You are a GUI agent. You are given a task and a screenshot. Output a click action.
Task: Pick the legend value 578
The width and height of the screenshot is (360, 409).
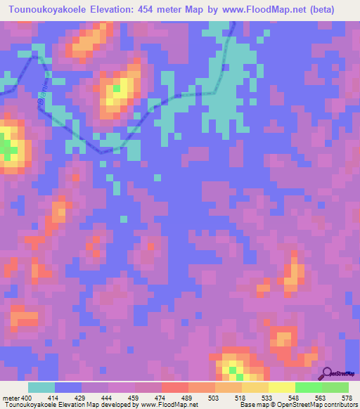[347, 398]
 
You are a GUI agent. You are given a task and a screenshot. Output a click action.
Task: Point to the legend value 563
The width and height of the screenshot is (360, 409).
[321, 398]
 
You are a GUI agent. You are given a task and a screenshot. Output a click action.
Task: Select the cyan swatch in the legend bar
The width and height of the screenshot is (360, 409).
[41, 387]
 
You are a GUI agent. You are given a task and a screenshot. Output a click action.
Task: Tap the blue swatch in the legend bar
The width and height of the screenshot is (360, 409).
[67, 387]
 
